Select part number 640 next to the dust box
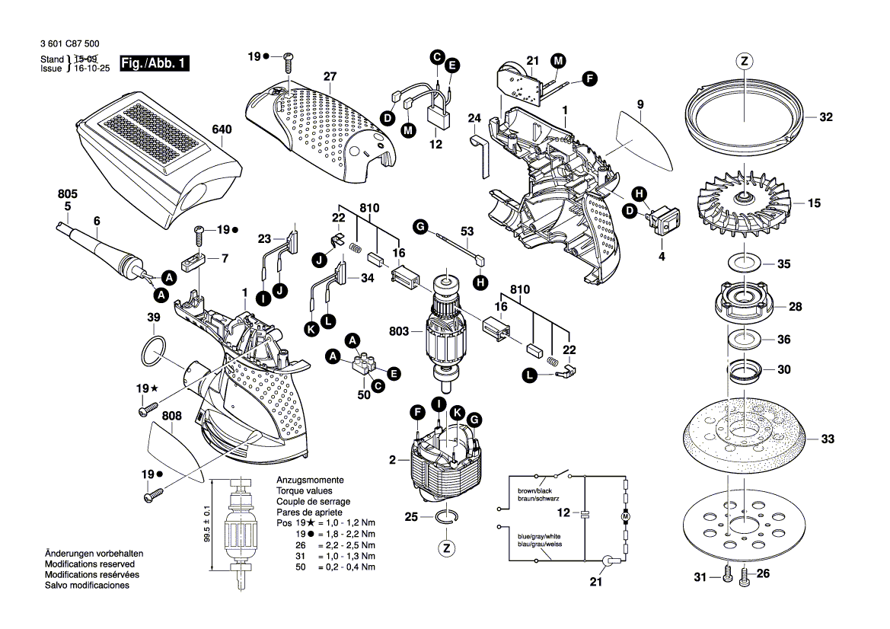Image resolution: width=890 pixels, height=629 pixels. click(222, 130)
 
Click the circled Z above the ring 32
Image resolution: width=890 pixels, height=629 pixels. click(744, 62)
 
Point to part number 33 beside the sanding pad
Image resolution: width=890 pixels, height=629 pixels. click(828, 439)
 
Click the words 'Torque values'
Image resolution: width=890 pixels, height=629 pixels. click(301, 491)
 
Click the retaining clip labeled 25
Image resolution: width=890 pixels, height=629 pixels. click(448, 517)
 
